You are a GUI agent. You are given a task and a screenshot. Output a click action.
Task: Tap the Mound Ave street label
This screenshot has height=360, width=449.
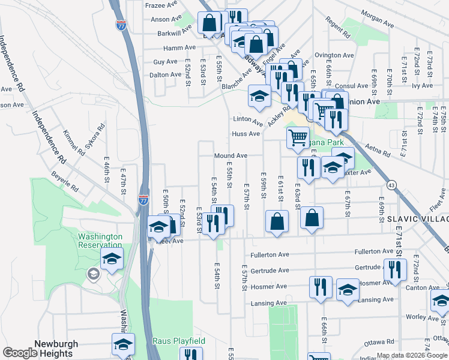231,156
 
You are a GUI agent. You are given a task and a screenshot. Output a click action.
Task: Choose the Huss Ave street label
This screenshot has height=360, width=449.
246,134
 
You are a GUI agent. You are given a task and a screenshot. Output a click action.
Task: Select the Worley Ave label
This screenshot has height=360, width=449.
408,316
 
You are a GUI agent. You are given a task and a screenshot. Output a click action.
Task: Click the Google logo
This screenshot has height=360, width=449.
20,352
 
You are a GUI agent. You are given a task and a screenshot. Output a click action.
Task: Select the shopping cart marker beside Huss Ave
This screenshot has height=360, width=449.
297,138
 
